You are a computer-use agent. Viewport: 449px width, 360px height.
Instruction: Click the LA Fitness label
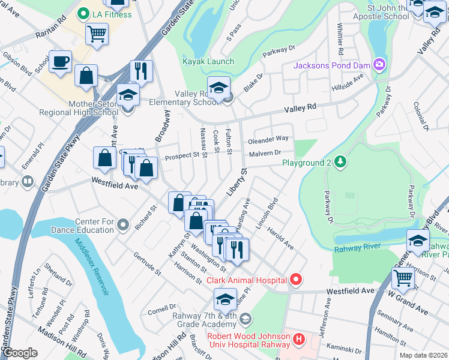point(112,14)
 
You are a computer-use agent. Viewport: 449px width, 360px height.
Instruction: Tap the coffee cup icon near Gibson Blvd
point(60,62)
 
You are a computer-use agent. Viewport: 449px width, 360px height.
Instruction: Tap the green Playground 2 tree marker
point(340,162)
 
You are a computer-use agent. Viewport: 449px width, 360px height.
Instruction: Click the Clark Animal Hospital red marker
point(295,280)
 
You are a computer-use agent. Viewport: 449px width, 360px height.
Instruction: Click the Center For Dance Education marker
point(123,226)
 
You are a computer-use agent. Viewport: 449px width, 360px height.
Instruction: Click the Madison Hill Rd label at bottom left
point(62,342)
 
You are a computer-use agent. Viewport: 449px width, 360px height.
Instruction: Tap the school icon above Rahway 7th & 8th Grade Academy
point(226,299)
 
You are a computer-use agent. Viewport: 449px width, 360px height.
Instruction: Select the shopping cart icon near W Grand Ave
point(403,277)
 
